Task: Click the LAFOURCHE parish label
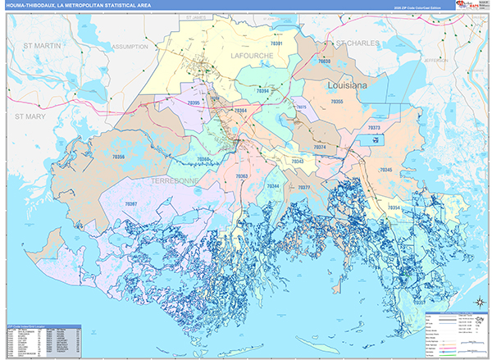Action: coord(252,55)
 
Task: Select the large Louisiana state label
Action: coord(349,85)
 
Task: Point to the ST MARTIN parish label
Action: coord(42,46)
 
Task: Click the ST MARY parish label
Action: coord(31,117)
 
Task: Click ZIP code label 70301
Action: coord(276,43)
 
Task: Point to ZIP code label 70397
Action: coord(130,203)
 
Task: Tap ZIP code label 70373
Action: coord(373,129)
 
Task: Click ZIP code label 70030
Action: coord(324,62)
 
